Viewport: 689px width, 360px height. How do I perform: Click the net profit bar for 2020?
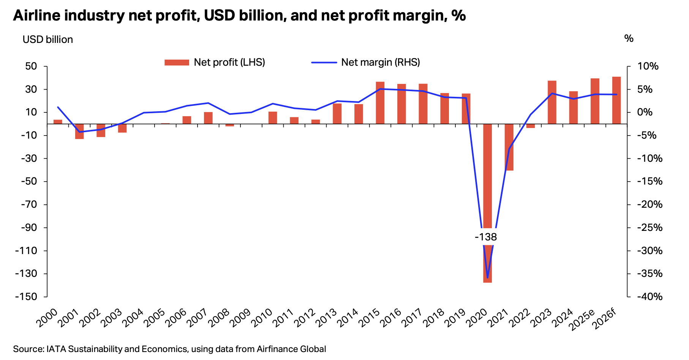[x=487, y=203]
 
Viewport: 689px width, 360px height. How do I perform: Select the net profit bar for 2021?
[x=509, y=147]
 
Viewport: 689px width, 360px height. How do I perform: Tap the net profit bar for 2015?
[x=380, y=103]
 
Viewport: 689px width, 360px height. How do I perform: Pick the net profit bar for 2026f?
[x=616, y=100]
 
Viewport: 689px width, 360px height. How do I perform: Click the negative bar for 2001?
[x=79, y=131]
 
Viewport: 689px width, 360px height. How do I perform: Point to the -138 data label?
[x=486, y=237]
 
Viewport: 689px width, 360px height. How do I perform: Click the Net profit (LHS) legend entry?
[x=215, y=62]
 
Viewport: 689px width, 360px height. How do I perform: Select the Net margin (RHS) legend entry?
[x=366, y=62]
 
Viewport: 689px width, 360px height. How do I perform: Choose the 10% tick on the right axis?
[x=648, y=66]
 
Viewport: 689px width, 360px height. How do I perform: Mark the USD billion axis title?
[x=48, y=39]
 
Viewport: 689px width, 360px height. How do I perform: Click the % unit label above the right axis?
[x=629, y=38]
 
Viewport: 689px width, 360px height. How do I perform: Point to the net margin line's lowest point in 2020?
[x=487, y=278]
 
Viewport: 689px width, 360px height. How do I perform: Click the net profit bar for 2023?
[x=552, y=102]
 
